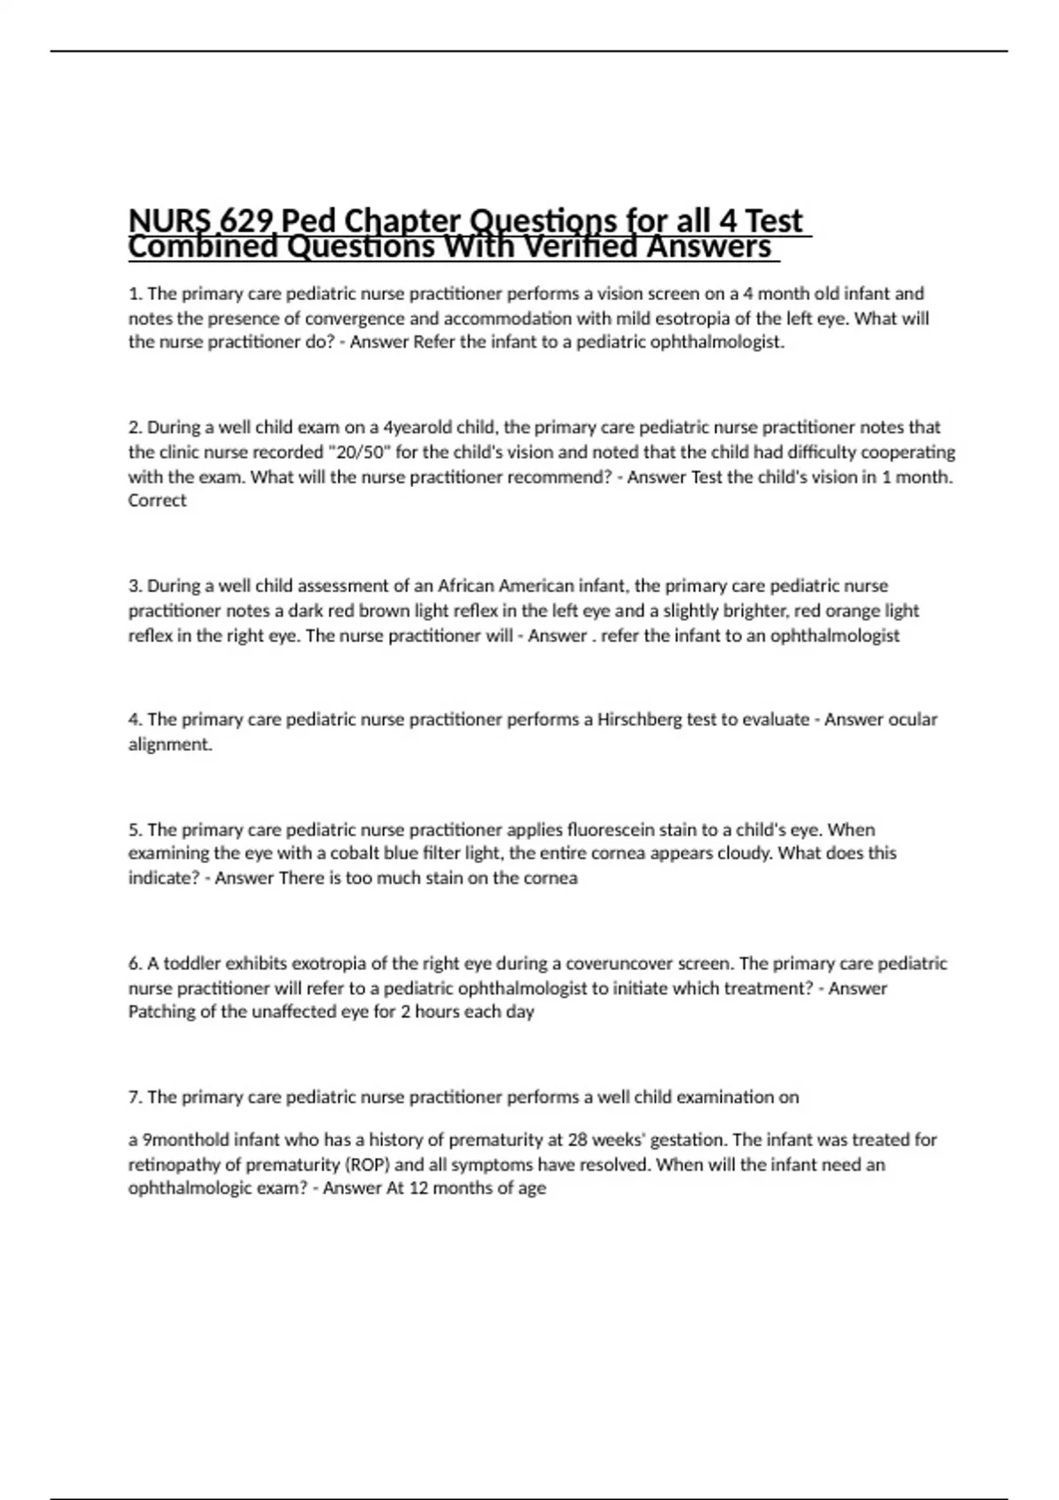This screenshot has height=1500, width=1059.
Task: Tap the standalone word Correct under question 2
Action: tap(157, 500)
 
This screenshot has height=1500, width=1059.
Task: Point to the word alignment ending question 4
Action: tap(170, 744)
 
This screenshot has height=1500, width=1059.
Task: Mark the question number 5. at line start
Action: tap(135, 829)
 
